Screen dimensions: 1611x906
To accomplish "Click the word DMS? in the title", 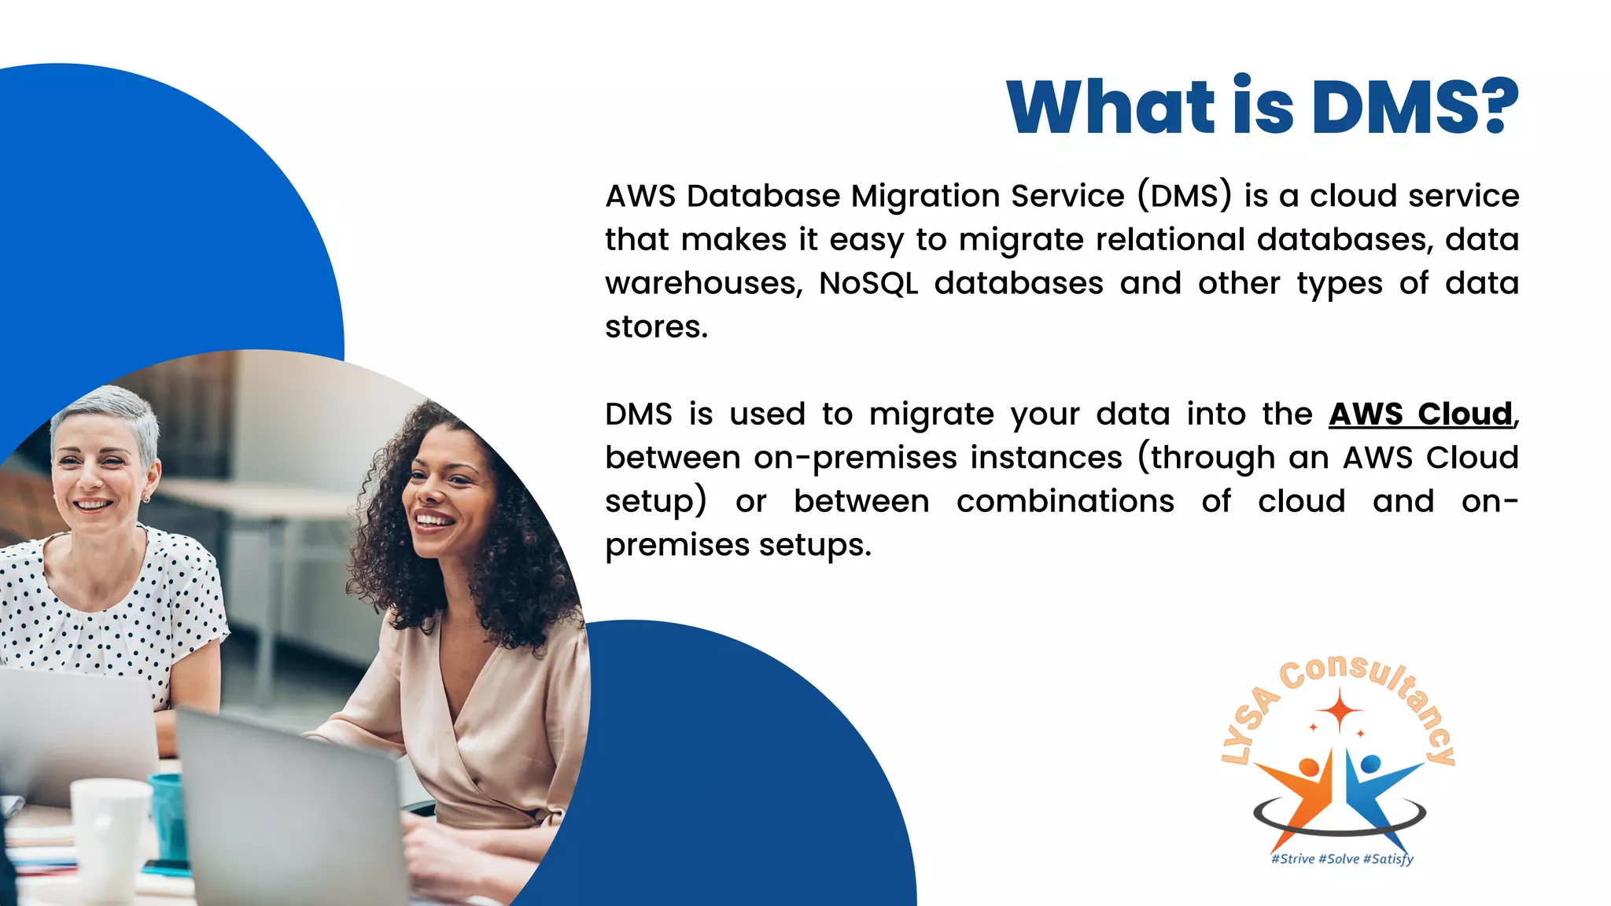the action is (x=1415, y=107).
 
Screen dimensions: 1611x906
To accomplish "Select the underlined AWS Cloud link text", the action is (x=1421, y=414).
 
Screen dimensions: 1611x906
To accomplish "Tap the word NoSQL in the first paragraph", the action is (x=868, y=283).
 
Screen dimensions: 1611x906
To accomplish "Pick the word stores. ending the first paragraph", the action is (x=656, y=327).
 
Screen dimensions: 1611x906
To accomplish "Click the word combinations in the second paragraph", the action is (x=1065, y=502).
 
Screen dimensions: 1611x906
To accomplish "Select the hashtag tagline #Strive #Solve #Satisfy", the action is (x=1342, y=859).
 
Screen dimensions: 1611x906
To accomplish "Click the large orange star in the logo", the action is (x=1340, y=709).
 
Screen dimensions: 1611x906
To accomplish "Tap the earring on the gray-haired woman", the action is (x=146, y=498).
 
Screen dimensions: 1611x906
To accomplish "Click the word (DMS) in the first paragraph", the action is (x=1185, y=197).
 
